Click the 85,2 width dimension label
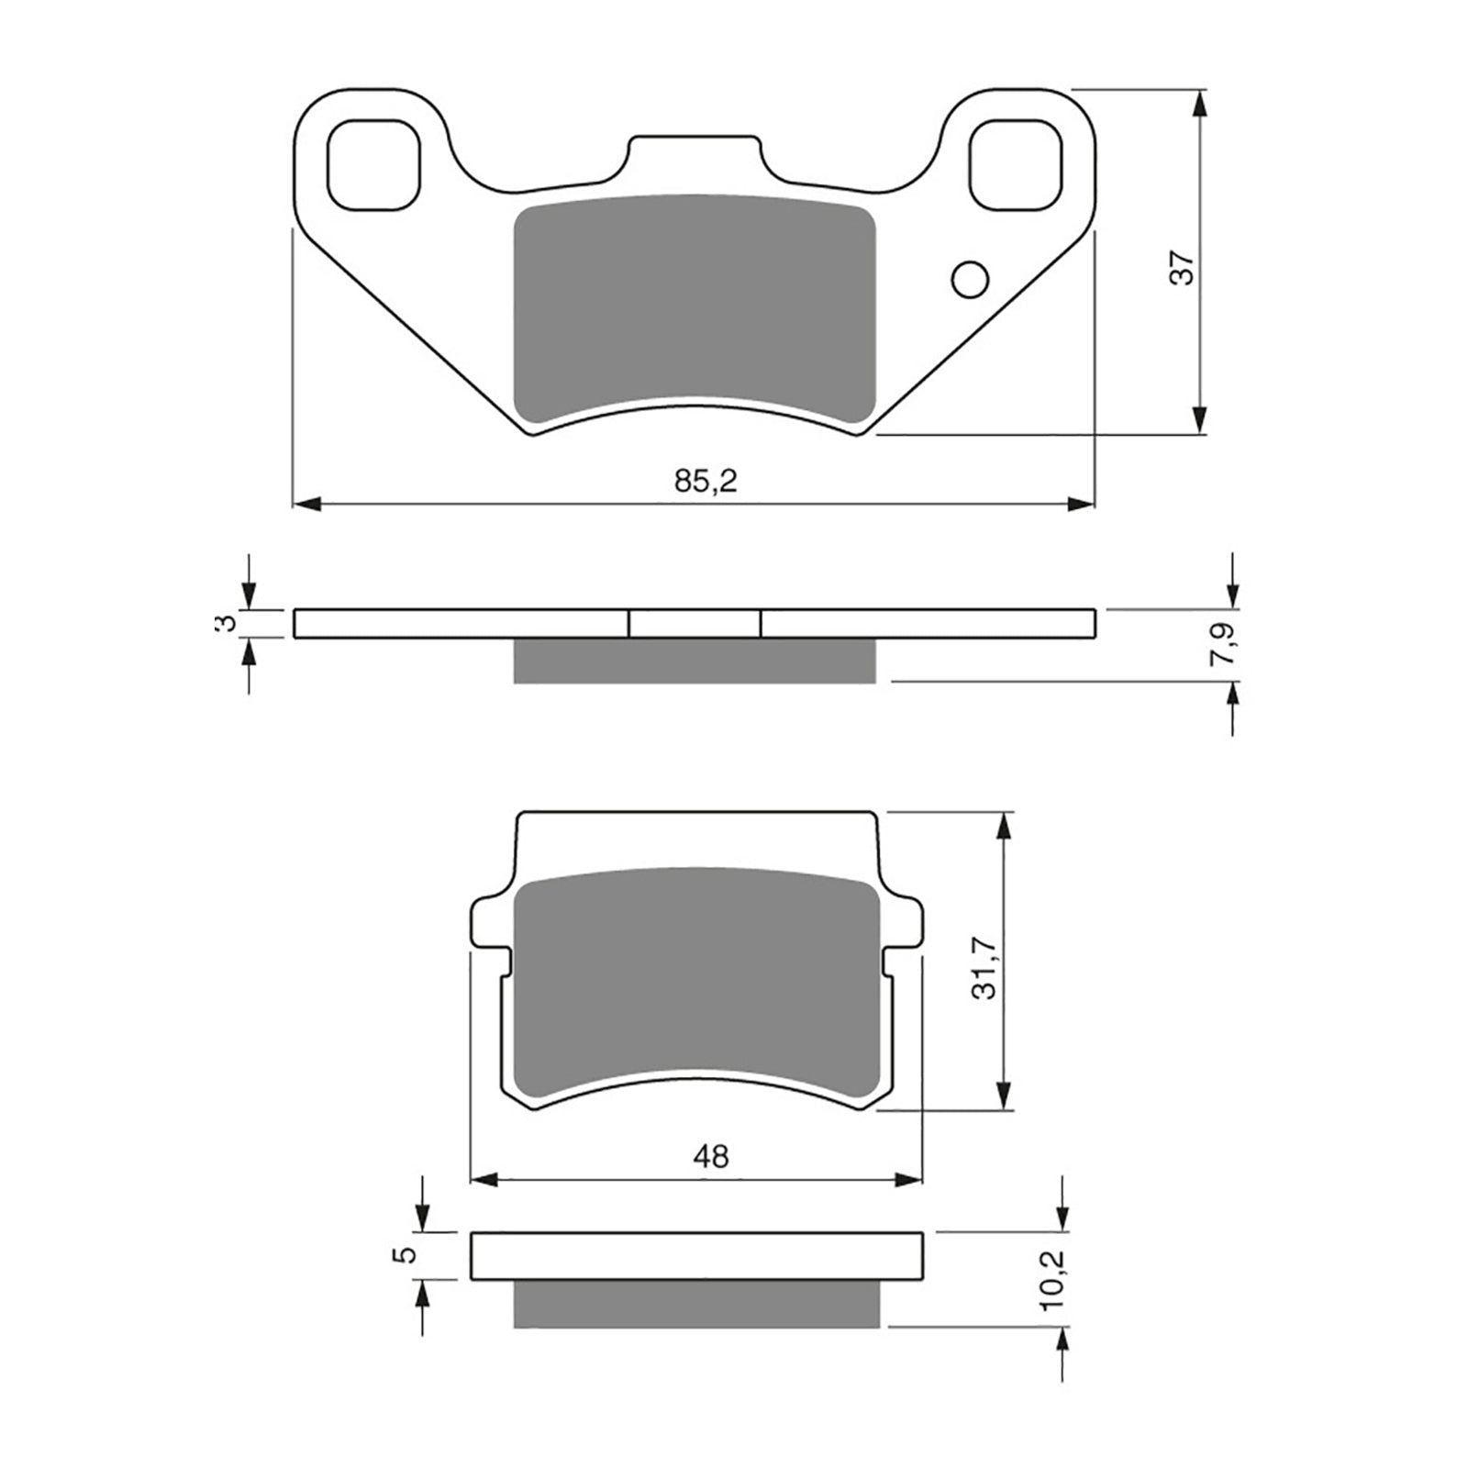point(706,481)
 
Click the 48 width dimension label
point(711,1157)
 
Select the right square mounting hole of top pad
point(1016,164)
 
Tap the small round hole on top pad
point(971,280)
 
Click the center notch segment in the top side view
point(695,624)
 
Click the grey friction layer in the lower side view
point(696,1304)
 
